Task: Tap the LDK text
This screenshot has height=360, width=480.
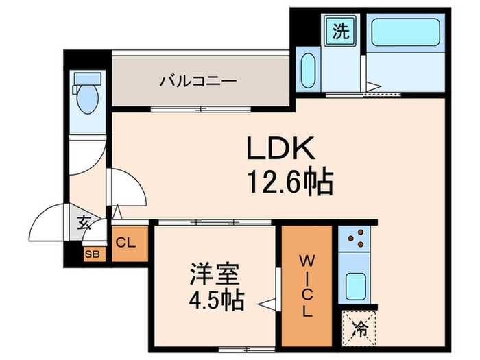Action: point(280,149)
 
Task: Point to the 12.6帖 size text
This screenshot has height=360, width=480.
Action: point(290,182)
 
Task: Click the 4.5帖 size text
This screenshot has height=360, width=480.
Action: point(214,300)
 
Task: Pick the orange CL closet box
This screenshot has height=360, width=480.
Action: point(129,242)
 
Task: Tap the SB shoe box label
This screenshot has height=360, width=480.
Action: point(91,254)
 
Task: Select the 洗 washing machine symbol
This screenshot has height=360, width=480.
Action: point(341,30)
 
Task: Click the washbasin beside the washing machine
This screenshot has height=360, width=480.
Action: point(309,69)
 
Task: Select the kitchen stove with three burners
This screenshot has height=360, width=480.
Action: point(355,239)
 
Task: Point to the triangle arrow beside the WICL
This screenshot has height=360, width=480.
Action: point(264,300)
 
